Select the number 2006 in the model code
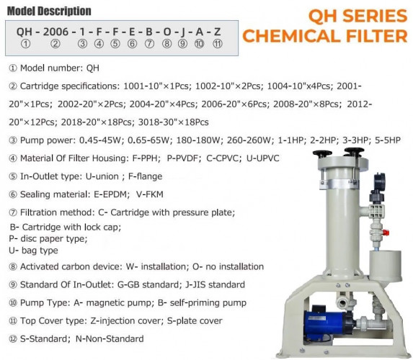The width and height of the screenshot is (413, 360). point(55,32)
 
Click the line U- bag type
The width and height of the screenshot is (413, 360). point(33,250)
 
